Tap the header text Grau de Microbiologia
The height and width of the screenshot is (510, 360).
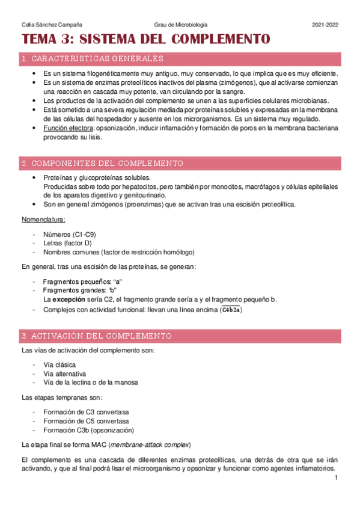(x=180, y=24)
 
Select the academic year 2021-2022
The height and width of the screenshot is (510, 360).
(x=325, y=24)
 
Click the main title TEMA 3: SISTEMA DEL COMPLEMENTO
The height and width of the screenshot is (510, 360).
(x=146, y=40)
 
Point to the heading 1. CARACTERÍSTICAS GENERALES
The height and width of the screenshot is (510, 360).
(x=92, y=59)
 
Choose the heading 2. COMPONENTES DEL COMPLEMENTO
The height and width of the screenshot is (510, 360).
(x=102, y=164)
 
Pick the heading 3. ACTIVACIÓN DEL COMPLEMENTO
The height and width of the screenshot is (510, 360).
(x=96, y=336)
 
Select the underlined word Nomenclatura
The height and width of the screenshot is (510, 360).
(x=44, y=219)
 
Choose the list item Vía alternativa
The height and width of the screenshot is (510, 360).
(x=61, y=373)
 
